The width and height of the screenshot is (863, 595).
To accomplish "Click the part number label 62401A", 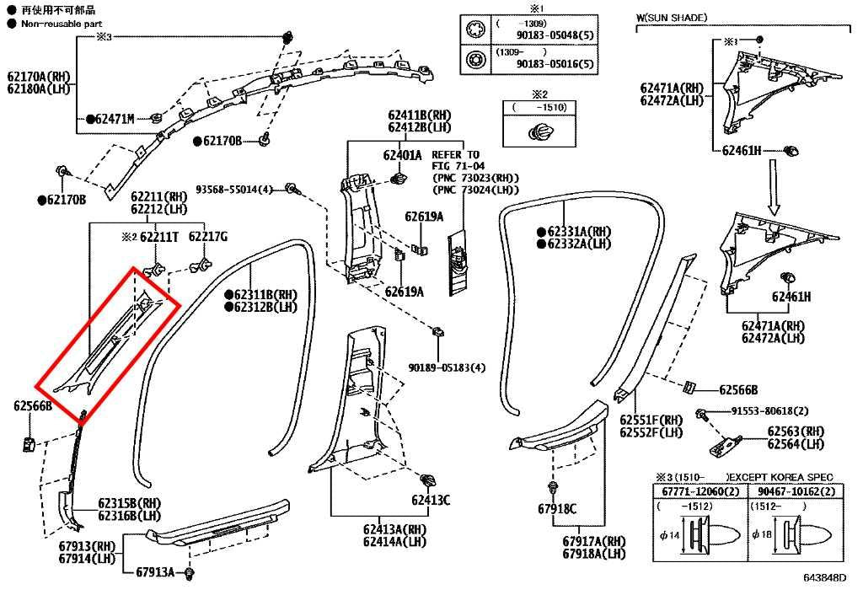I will [x=402, y=155].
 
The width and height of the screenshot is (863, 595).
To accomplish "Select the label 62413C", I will [x=431, y=501].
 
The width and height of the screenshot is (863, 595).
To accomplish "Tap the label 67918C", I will [x=557, y=508].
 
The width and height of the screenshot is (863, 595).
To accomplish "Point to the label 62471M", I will [x=115, y=119].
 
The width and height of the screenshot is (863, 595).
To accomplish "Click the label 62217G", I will [x=208, y=237].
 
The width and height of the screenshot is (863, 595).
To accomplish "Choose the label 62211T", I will [x=158, y=237].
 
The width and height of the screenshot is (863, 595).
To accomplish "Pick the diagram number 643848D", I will [x=823, y=578].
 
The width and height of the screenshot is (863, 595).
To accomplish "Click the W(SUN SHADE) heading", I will [x=671, y=17].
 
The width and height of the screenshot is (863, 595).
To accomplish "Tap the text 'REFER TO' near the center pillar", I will [x=456, y=155].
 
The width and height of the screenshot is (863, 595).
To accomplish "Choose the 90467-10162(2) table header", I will [x=795, y=490].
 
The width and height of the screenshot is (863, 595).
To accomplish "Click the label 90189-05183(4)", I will [x=448, y=367].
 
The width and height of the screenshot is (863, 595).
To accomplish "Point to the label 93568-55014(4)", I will [x=235, y=189].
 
